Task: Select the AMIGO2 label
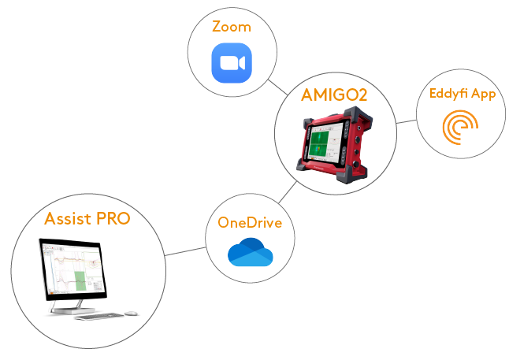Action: coord(335,96)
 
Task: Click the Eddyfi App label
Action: coord(462,94)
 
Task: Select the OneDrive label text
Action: coord(250,223)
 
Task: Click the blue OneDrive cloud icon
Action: coord(250,253)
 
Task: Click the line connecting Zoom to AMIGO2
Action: coord(277,87)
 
